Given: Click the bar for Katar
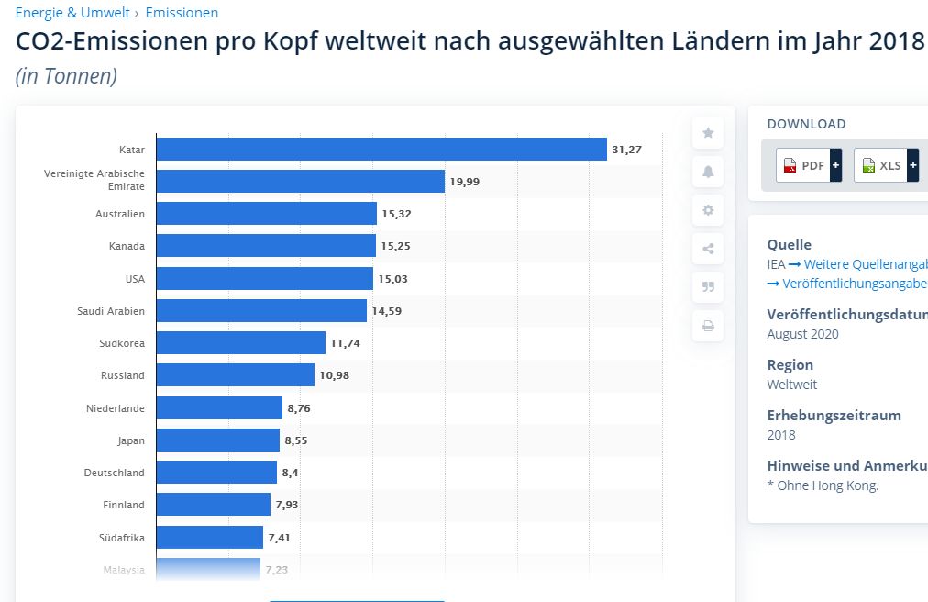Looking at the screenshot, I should pyautogui.click(x=381, y=149).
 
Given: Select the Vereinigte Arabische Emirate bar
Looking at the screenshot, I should pyautogui.click(x=301, y=181).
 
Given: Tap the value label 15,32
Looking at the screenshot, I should pyautogui.click(x=397, y=214).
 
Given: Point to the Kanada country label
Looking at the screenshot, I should pyautogui.click(x=127, y=246).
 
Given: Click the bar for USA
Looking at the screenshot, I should pyautogui.click(x=265, y=278).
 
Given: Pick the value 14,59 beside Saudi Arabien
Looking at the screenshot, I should pyautogui.click(x=386, y=311).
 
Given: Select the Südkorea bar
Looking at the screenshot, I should pyautogui.click(x=241, y=343).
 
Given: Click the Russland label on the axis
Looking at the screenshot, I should pyautogui.click(x=123, y=375).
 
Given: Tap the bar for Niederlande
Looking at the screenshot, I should pyautogui.click(x=219, y=407).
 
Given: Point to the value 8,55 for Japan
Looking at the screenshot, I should pyautogui.click(x=296, y=440).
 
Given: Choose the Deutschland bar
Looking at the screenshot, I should pyautogui.click(x=216, y=473).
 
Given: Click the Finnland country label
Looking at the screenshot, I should pyautogui.click(x=124, y=505).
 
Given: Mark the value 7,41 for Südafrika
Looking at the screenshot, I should pyautogui.click(x=279, y=538).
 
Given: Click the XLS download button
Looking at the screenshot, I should pyautogui.click(x=886, y=165).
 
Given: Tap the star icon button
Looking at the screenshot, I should pyautogui.click(x=708, y=133).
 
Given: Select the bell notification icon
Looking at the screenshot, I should pyautogui.click(x=708, y=172).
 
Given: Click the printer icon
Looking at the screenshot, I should pyautogui.click(x=708, y=326).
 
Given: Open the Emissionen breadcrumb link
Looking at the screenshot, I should pyautogui.click(x=182, y=13).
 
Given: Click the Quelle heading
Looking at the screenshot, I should pyautogui.click(x=789, y=244).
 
